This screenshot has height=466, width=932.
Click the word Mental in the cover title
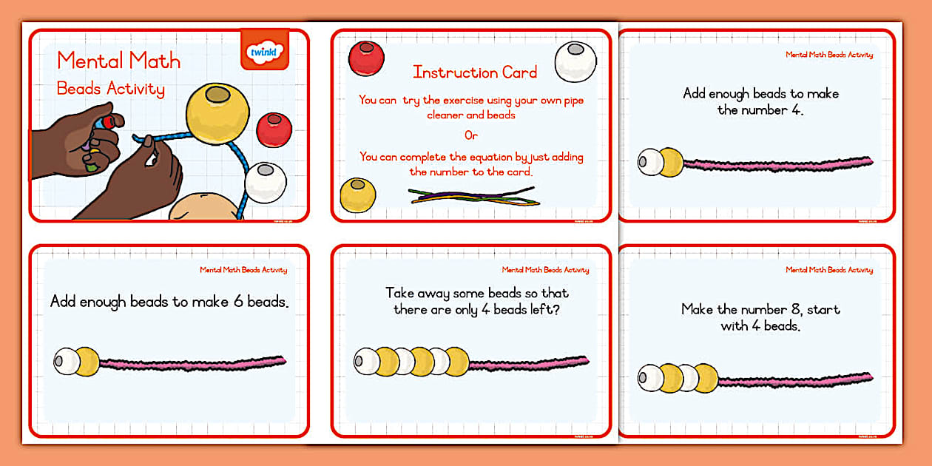(87, 61)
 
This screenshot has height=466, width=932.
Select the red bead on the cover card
(274, 129)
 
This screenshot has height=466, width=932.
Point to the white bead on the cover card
(265, 183)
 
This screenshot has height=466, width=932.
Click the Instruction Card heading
(475, 72)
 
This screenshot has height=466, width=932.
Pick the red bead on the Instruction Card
(366, 58)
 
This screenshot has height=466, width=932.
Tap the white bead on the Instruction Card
(575, 61)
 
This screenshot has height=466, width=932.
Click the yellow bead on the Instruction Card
(357, 195)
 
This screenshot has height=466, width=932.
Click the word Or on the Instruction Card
(471, 136)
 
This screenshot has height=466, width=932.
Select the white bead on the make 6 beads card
(66, 361)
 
